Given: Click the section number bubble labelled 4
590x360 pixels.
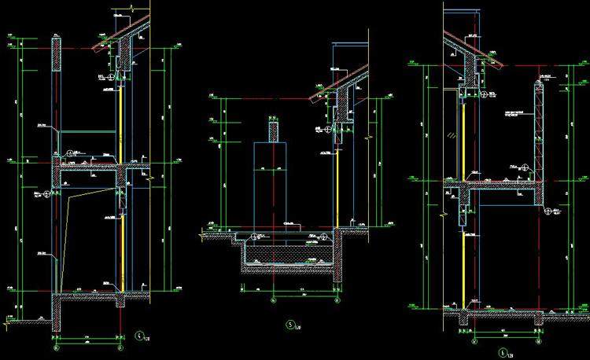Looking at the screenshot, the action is coord(139,333).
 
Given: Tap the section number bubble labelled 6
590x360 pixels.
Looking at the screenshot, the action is coord(502,354).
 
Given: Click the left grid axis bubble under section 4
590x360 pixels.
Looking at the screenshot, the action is coord(55,347).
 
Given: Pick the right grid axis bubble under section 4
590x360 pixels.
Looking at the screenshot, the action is coord(120,347).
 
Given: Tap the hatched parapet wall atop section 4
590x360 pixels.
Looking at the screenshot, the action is coord(57,55).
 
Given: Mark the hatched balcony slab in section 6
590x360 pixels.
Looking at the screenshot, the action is coord(503,189).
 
